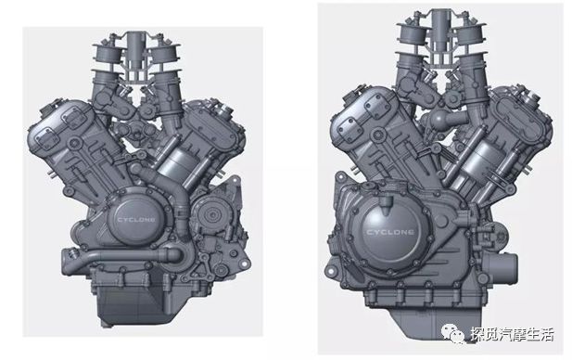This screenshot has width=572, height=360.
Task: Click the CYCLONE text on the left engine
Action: [x=136, y=220]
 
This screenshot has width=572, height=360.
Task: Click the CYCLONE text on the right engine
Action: [x=390, y=233]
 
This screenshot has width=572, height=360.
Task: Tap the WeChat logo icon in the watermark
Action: [x=453, y=335]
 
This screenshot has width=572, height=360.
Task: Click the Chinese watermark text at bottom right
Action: [x=512, y=335]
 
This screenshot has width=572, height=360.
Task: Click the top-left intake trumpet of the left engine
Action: [x=107, y=53]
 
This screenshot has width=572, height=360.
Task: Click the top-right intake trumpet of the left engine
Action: [x=165, y=53]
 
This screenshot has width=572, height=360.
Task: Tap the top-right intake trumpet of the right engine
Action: [x=469, y=32]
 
